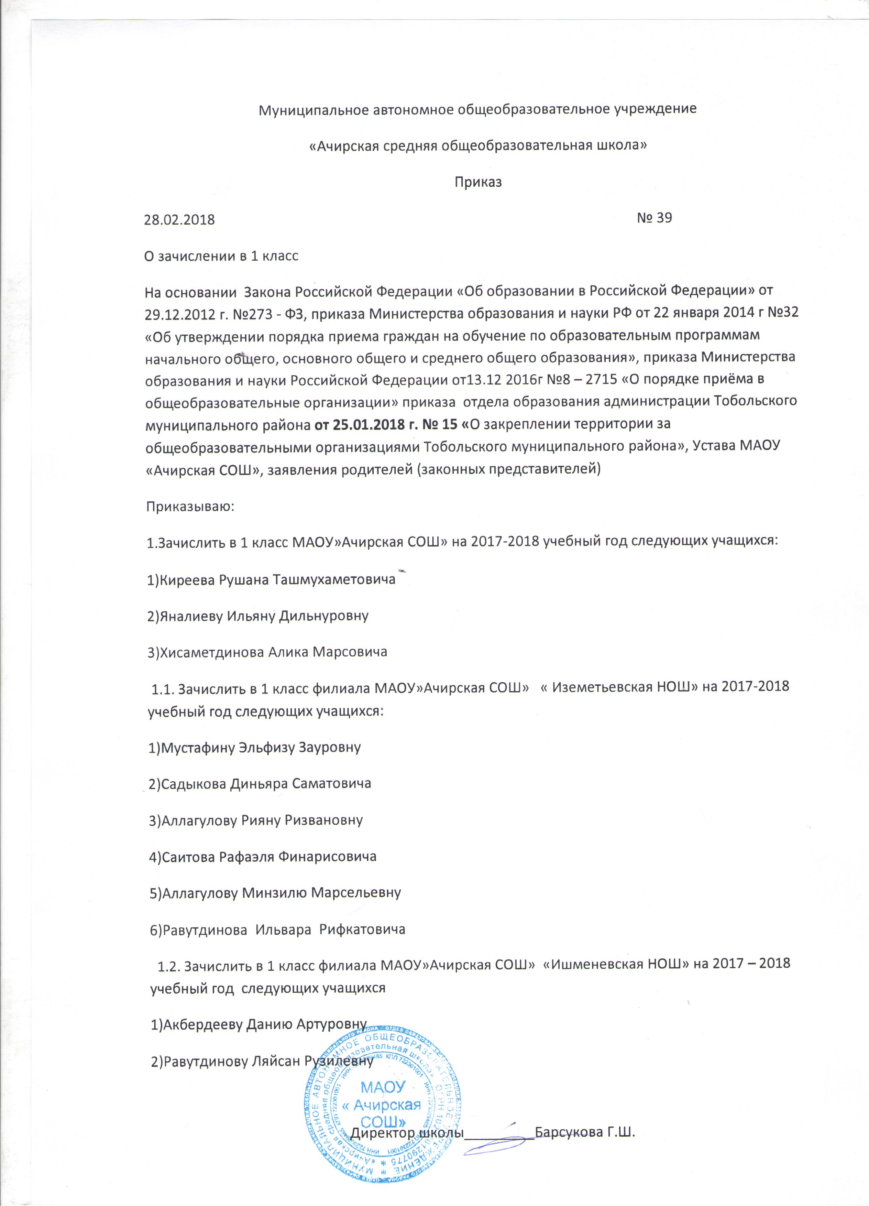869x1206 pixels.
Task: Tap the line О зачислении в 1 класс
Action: point(222,256)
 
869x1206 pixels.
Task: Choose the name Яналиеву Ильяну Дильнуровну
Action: point(258,616)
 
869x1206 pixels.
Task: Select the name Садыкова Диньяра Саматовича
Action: point(260,783)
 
